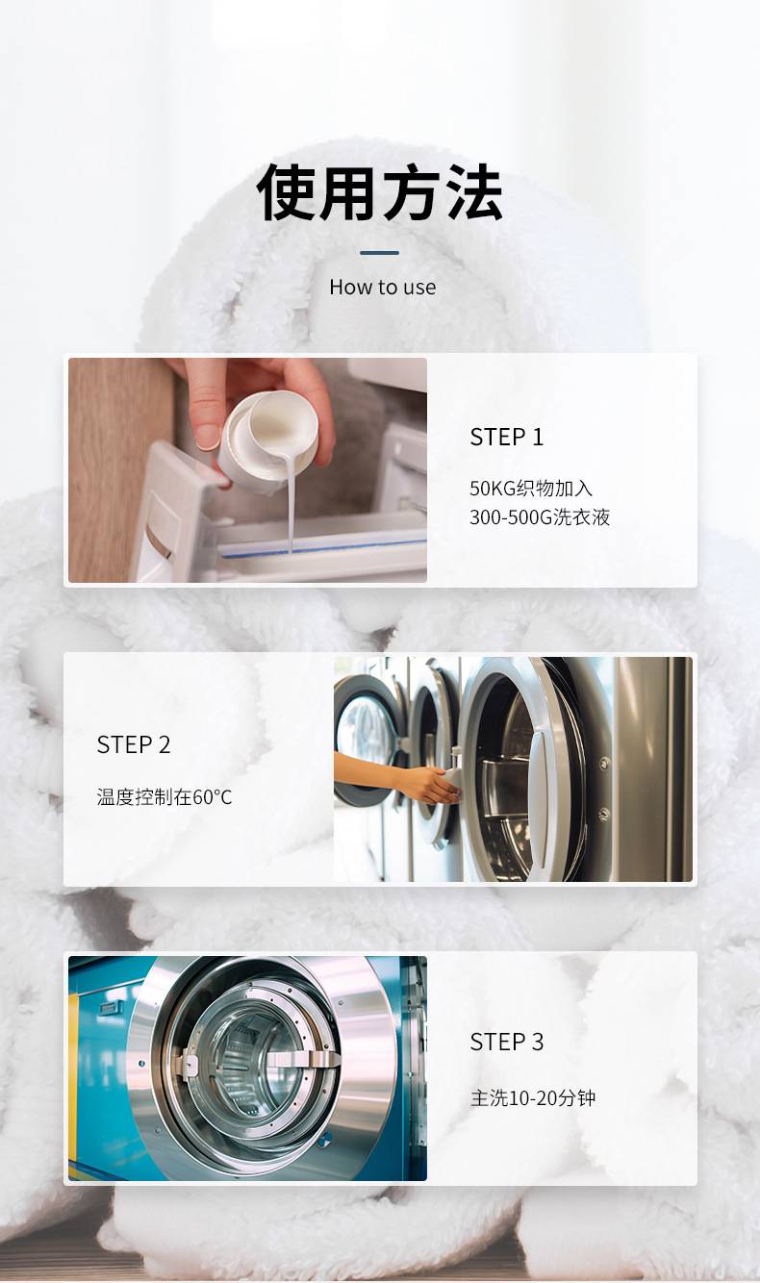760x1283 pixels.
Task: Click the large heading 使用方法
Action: [x=380, y=192]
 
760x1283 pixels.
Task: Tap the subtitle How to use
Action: [x=382, y=287]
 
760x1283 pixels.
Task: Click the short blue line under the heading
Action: [x=380, y=253]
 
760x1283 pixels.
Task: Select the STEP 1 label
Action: [x=506, y=437]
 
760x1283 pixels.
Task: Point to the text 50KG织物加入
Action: [x=531, y=489]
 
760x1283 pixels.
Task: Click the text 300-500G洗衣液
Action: [x=540, y=517]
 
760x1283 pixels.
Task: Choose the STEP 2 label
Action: [x=134, y=744]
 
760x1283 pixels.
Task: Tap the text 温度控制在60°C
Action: [x=165, y=796]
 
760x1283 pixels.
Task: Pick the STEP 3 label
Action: [x=506, y=1042]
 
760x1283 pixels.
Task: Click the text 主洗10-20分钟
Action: [x=533, y=1098]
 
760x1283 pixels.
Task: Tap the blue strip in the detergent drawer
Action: [x=323, y=547]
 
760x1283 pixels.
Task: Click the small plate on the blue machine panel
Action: [x=110, y=1008]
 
